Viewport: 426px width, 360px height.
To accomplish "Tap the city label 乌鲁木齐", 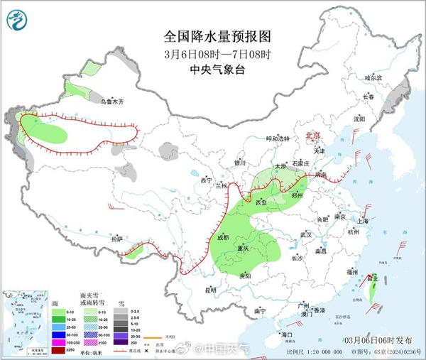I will [112, 102].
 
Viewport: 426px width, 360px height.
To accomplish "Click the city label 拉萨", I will [117, 239].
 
